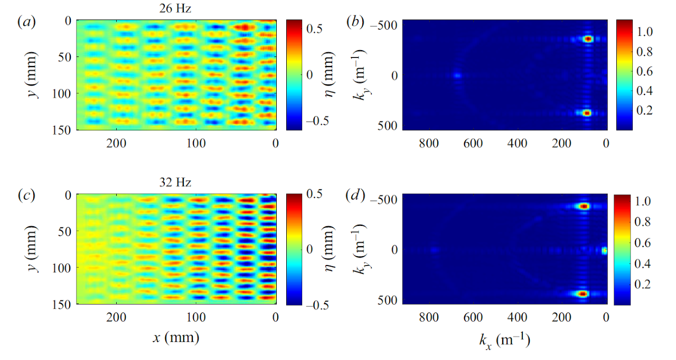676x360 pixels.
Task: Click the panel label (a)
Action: pyautogui.click(x=26, y=22)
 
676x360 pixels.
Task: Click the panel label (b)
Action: pyautogui.click(x=355, y=22)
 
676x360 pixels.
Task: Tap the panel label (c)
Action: pyautogui.click(x=26, y=196)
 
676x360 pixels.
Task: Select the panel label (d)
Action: pyautogui.click(x=355, y=196)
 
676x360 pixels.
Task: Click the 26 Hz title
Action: pyautogui.click(x=175, y=8)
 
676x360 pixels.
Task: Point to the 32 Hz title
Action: pyautogui.click(x=175, y=182)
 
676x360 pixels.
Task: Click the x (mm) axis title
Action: pyautogui.click(x=176, y=337)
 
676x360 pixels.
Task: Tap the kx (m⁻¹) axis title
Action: pyautogui.click(x=504, y=340)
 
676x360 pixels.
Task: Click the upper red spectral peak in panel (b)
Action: pyautogui.click(x=588, y=39)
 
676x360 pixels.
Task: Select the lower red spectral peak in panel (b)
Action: pyautogui.click(x=587, y=113)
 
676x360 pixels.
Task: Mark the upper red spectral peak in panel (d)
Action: pyautogui.click(x=584, y=206)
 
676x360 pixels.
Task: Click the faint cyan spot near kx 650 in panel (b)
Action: pyautogui.click(x=458, y=75)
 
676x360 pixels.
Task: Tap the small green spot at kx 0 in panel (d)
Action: pyautogui.click(x=605, y=251)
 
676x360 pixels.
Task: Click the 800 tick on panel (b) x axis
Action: pyautogui.click(x=429, y=143)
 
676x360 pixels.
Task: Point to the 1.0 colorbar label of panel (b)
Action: pyautogui.click(x=645, y=32)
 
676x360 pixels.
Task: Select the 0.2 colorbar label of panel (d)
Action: pyautogui.click(x=643, y=285)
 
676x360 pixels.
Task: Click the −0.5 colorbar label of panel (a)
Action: pyautogui.click(x=317, y=121)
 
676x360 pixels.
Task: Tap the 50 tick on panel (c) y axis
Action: pyautogui.click(x=64, y=232)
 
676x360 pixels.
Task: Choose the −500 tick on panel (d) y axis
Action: pyautogui.click(x=383, y=200)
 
